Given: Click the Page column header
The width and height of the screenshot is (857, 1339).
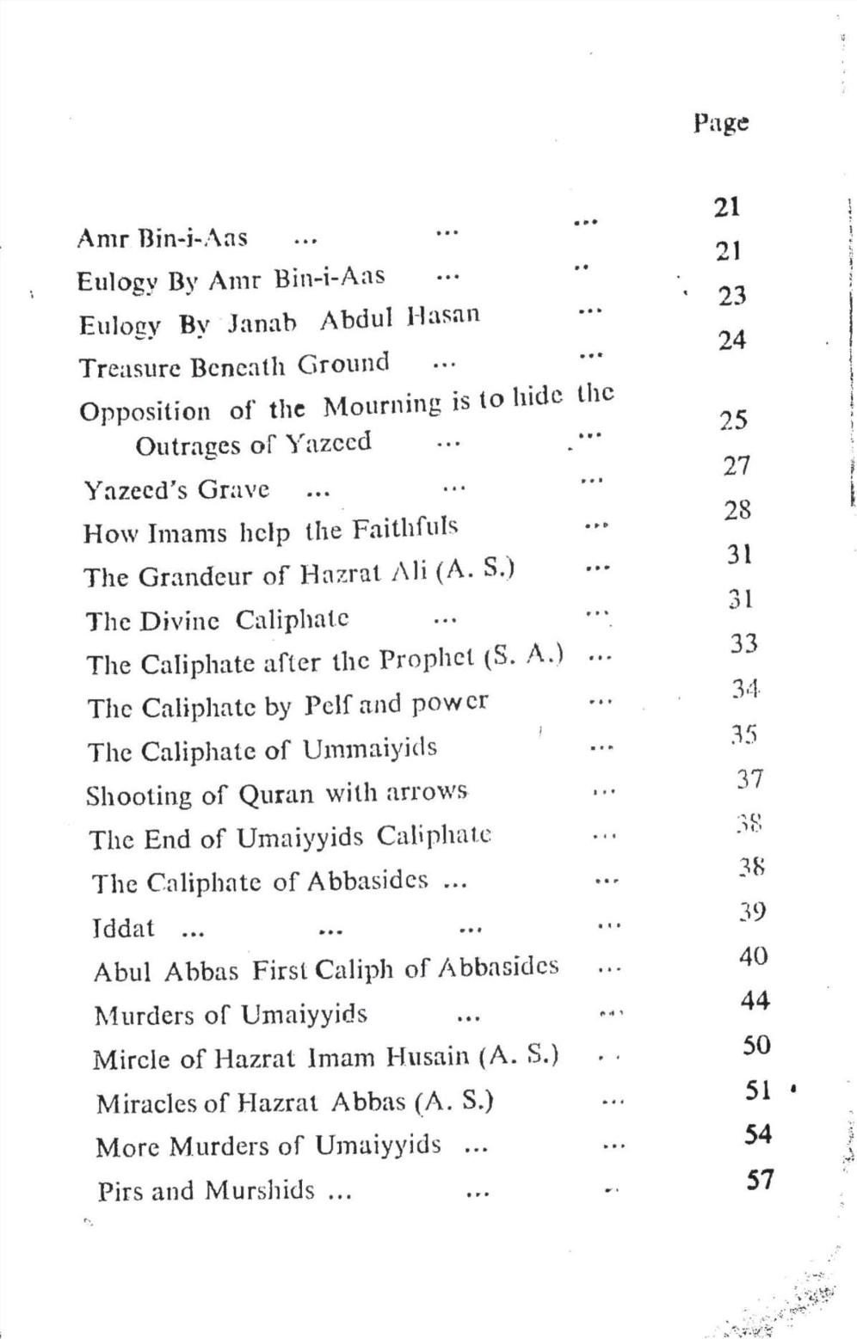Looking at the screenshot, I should click(721, 123).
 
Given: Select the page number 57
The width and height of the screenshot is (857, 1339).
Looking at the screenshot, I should click(759, 1179).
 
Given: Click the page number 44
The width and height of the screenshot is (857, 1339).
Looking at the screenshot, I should click(755, 1000).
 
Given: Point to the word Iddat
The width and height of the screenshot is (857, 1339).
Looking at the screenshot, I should click(123, 928).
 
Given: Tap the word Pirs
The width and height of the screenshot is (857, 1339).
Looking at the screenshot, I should click(119, 1191).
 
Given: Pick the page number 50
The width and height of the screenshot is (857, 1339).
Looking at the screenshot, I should click(756, 1045).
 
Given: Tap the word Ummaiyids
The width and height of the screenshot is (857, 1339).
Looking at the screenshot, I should click(369, 749).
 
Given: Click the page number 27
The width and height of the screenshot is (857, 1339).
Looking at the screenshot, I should click(737, 466).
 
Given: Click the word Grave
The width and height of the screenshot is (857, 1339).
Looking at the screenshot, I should click(233, 489).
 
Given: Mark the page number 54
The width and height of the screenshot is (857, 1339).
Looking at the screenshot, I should click(758, 1134).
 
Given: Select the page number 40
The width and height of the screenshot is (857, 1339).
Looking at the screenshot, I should click(753, 955).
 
